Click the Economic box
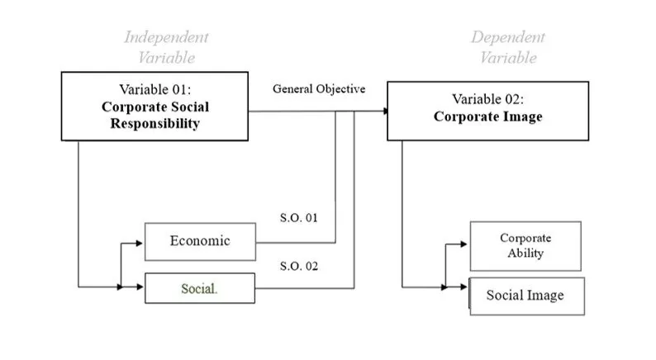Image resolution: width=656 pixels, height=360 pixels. (x=200, y=241)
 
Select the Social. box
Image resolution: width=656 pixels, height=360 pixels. (x=200, y=289)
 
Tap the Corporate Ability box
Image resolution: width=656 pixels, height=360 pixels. (x=525, y=246)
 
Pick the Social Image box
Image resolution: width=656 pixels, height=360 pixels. (x=525, y=296)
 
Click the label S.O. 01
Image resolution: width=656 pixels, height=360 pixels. (x=300, y=218)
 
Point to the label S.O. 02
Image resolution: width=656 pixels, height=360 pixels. (x=300, y=266)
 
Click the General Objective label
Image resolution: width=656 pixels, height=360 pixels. (x=319, y=89)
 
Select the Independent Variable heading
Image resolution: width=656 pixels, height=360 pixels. (x=166, y=47)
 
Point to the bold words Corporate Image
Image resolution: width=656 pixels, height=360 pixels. (x=488, y=117)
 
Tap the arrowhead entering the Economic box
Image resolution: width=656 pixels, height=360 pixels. (x=140, y=244)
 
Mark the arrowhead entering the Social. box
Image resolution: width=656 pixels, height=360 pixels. (x=140, y=287)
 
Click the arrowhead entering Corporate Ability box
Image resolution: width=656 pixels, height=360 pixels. (x=465, y=245)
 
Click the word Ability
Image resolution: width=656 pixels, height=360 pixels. (x=525, y=253)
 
